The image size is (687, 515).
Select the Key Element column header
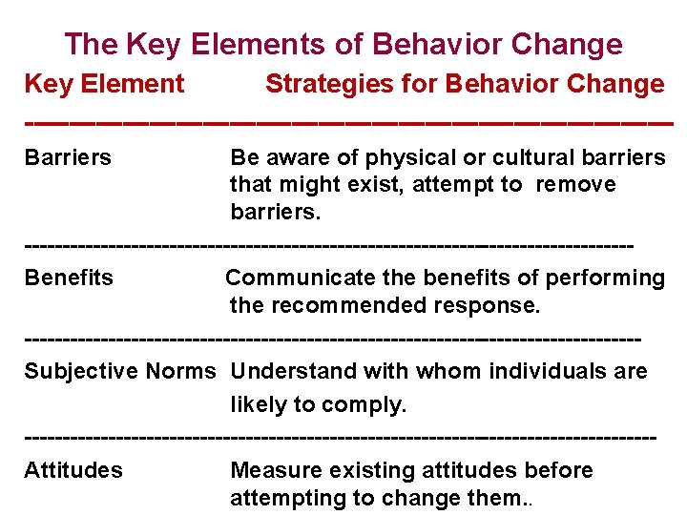[104, 84]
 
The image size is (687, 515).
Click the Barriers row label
[68, 156]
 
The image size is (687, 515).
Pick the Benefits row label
[69, 278]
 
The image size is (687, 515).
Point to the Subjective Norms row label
[120, 371]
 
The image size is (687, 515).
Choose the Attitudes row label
[73, 470]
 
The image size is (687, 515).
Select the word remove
[575, 184]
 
